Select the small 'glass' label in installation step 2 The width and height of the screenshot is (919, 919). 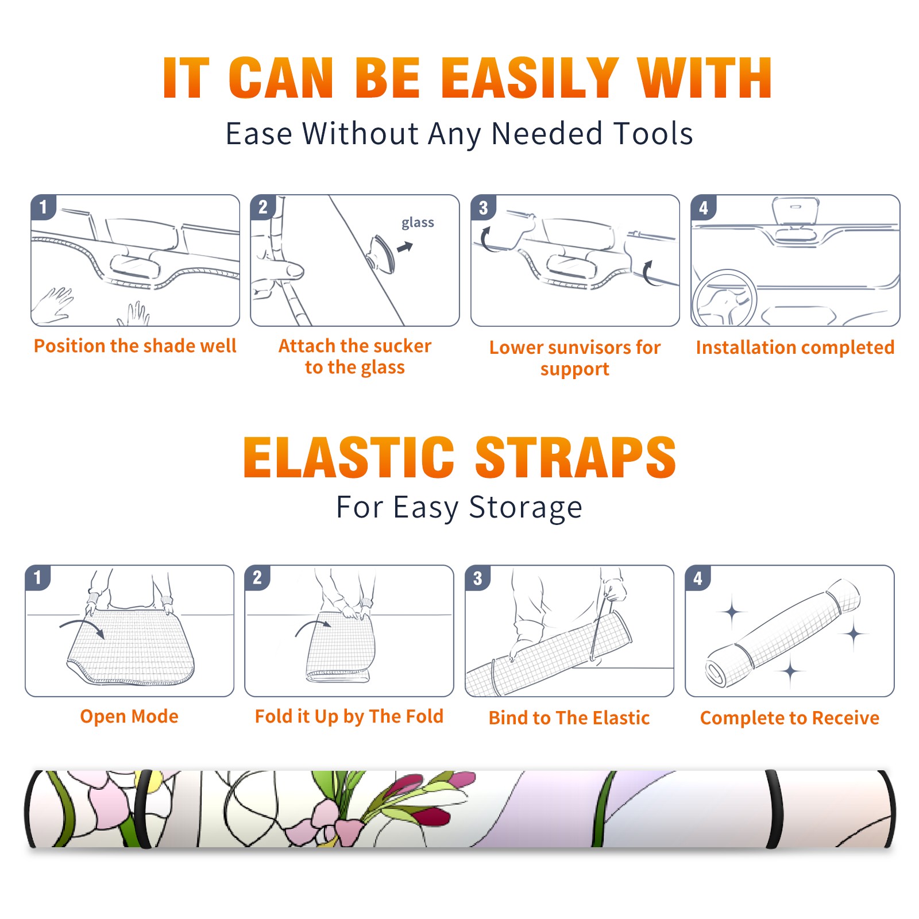coord(418,223)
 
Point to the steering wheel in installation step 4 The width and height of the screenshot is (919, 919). coord(724,299)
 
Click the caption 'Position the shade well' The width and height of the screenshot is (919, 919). coord(135,346)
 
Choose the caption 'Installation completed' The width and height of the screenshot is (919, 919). coord(795,347)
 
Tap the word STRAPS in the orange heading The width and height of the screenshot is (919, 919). coord(576,457)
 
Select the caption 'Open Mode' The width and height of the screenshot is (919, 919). coord(129,716)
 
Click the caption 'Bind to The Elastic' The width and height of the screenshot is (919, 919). coord(569,718)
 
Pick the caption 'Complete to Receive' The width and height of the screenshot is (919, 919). coord(790,718)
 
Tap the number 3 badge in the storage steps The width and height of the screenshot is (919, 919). coord(477,578)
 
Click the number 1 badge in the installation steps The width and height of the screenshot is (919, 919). coord(43,206)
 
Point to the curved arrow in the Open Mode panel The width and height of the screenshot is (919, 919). coord(82,624)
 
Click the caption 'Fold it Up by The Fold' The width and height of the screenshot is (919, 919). coord(349,716)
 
